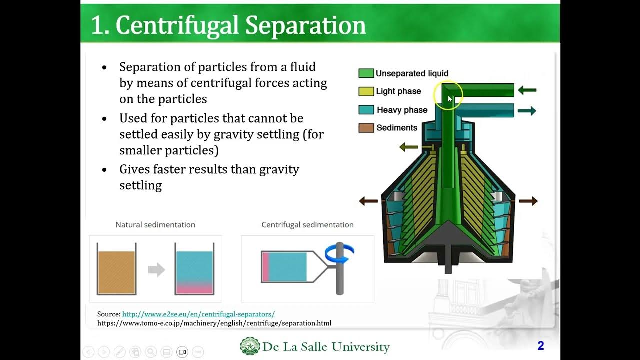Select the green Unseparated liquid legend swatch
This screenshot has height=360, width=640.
(x=366, y=73)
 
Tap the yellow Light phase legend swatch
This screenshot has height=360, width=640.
(x=366, y=91)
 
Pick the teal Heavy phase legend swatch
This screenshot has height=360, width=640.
(x=366, y=110)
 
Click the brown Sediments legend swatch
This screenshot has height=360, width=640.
(x=366, y=128)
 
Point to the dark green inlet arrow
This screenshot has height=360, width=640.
(x=527, y=90)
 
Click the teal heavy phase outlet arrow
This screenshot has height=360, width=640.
(x=527, y=111)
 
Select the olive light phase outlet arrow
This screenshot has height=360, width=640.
(x=409, y=147)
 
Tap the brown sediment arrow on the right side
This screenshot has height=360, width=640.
(x=528, y=201)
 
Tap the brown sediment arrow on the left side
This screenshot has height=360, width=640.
(x=369, y=201)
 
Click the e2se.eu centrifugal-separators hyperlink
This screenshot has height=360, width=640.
(x=198, y=314)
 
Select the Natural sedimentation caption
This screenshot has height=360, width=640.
(x=155, y=225)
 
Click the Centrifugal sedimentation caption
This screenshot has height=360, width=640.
(x=307, y=225)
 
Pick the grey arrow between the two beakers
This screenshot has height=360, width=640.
(x=156, y=270)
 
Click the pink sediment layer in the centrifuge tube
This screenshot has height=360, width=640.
(x=266, y=267)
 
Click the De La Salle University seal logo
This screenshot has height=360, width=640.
(x=250, y=346)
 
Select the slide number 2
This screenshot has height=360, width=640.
(x=540, y=346)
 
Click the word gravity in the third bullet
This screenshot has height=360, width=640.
(x=279, y=169)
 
